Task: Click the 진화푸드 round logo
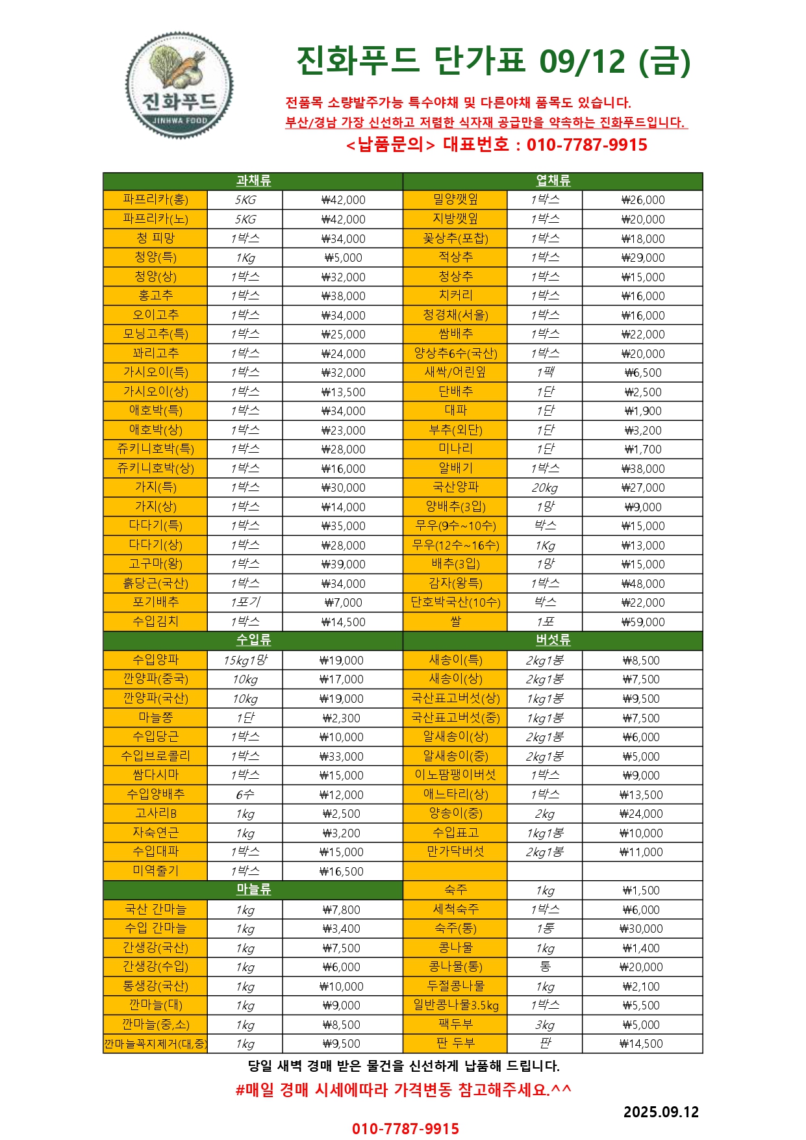coord(179,86)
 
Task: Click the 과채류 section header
coord(253,181)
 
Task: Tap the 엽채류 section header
coord(553,181)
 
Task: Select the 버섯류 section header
coord(553,640)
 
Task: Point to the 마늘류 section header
coord(253,890)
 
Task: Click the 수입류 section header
coord(253,640)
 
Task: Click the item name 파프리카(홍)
coord(155,200)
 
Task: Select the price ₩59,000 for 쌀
coord(642,622)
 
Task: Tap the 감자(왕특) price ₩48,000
coord(642,584)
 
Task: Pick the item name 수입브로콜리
coord(155,756)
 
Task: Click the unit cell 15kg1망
coord(245,661)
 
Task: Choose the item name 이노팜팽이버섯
coord(455,775)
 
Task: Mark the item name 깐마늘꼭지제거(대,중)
coord(155,1044)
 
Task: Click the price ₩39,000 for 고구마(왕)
coord(343,564)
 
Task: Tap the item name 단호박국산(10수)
coord(455,603)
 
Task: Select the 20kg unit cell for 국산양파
coord(544,488)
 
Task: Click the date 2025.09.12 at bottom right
coord(661,1112)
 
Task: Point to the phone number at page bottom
coord(405,1129)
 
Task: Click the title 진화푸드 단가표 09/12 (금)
coord(493,61)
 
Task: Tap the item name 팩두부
coord(455,1024)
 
